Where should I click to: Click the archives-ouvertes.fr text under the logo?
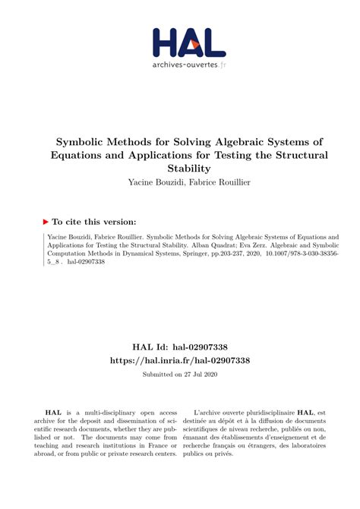point(179,66)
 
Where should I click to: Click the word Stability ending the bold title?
point(179,169)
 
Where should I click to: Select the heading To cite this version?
point(94,222)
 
